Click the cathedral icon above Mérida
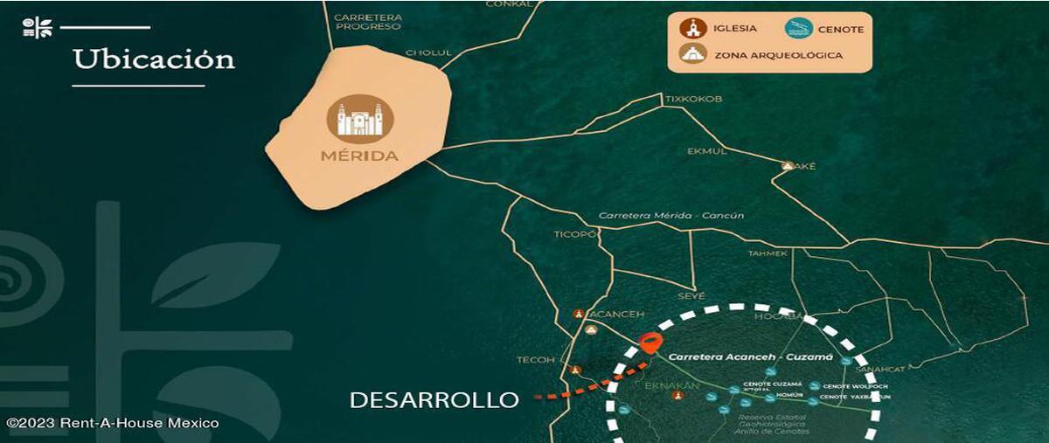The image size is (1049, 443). (360, 120)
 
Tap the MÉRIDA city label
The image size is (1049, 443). (360, 156)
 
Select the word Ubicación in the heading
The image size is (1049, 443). (154, 59)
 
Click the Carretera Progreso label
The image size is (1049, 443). (367, 21)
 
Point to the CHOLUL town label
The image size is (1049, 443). (430, 52)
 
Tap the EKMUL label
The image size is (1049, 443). (707, 151)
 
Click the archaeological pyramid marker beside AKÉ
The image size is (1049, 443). (788, 166)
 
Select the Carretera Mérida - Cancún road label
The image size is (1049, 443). (671, 216)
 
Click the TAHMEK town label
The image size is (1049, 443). (768, 253)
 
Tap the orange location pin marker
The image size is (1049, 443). (650, 343)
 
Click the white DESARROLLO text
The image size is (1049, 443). (434, 400)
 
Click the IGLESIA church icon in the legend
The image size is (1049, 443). (693, 29)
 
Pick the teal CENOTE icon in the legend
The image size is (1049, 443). (798, 29)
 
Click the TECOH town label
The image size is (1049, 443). (536, 360)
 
